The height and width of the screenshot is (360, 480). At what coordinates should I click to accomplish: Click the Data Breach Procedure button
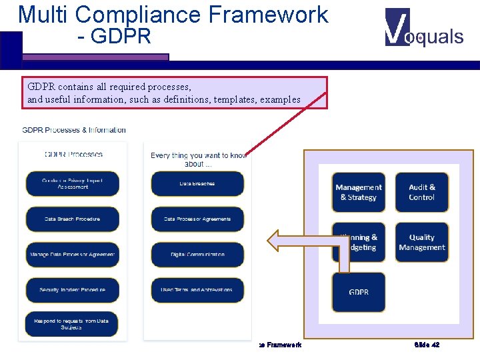tap(72, 219)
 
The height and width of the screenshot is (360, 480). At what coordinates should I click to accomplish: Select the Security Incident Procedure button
tap(72, 290)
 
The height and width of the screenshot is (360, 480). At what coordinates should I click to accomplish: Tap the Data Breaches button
tap(197, 183)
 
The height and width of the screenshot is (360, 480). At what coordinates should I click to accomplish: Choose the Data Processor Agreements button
tap(197, 219)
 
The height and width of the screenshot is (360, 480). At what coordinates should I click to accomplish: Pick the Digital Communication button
tap(197, 254)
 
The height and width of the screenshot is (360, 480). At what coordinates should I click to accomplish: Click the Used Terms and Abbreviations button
tap(197, 290)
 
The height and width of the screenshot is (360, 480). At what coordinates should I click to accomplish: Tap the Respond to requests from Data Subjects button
tap(72, 324)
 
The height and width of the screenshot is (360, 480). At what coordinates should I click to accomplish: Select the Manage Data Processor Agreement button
tap(72, 254)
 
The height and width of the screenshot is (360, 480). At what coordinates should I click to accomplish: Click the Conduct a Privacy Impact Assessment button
tap(72, 183)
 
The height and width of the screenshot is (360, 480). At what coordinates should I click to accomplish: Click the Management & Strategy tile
tap(359, 193)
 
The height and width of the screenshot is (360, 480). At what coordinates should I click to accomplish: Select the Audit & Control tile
tap(421, 193)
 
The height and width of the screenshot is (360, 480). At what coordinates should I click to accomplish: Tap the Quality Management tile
tap(421, 242)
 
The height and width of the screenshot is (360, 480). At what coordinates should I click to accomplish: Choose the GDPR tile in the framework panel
tap(359, 292)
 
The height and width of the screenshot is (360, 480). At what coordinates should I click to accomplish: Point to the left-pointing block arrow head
tap(275, 240)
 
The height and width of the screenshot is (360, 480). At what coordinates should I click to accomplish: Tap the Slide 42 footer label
tap(427, 345)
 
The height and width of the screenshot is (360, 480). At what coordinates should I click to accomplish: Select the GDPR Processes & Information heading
tap(74, 130)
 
